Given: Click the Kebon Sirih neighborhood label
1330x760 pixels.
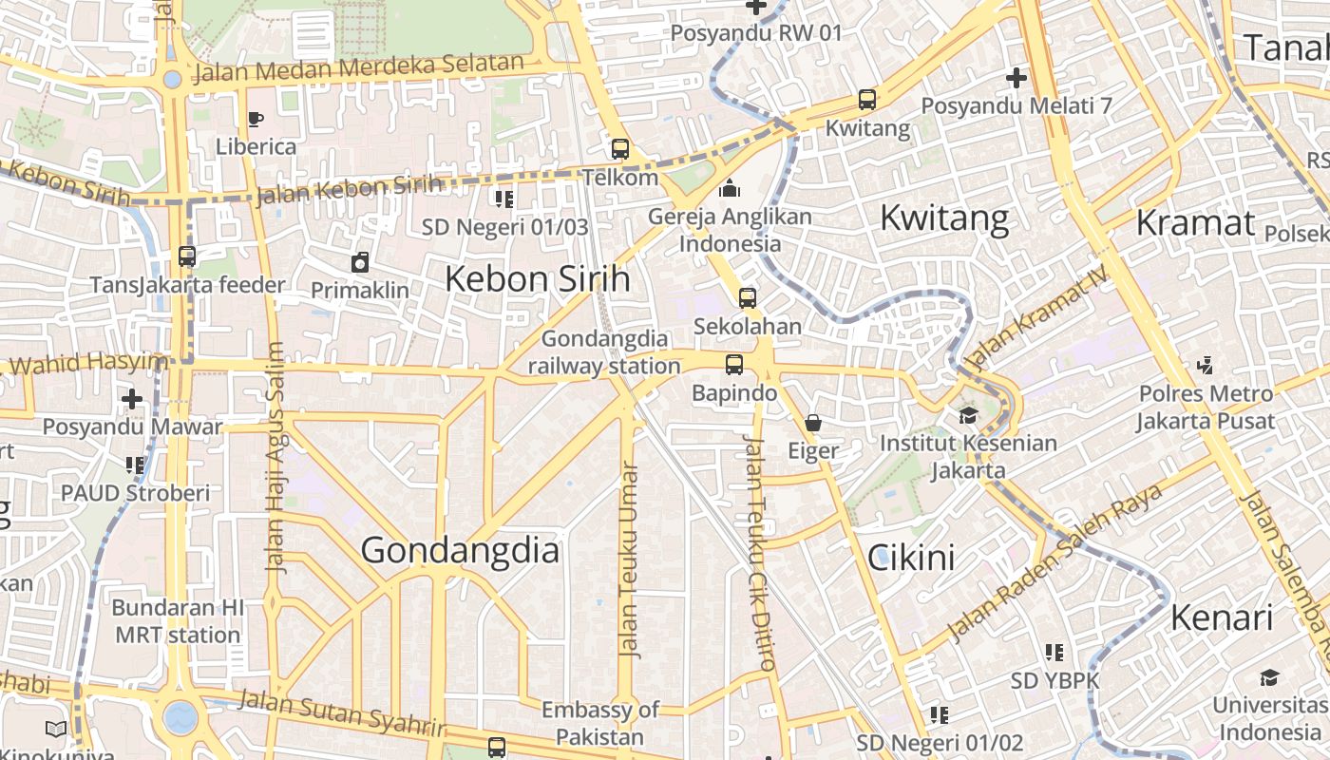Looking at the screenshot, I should tap(538, 279).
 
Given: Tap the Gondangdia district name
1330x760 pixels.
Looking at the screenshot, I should tap(460, 551).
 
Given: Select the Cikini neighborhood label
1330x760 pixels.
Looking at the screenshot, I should tap(912, 558).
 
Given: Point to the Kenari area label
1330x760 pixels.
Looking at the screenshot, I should tap(1222, 617).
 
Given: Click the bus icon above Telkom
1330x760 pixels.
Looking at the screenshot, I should tap(620, 149).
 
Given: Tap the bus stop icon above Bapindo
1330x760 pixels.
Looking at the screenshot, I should tap(733, 365).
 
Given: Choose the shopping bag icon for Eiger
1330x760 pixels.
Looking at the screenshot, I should tap(813, 423).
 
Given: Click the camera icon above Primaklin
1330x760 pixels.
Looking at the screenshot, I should tap(360, 262).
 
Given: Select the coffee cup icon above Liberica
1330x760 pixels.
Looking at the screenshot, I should tap(255, 120).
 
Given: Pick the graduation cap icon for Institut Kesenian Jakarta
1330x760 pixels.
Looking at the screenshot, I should tap(968, 415).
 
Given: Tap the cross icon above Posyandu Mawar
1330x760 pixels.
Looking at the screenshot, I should tap(132, 399).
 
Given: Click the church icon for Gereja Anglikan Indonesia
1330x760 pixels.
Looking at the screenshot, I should tap(730, 189).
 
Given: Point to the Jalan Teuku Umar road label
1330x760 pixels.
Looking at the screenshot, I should tap(628, 560).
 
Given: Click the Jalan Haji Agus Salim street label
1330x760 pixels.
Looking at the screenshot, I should tap(275, 456).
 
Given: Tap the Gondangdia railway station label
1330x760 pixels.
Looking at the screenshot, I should tap(604, 352).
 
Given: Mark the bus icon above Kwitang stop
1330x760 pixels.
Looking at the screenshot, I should tap(866, 100).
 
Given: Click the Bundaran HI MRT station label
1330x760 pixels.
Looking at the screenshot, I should tap(178, 621).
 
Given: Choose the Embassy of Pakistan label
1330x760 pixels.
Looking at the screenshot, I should tap(599, 723).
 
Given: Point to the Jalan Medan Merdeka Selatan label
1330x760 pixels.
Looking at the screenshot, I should tap(358, 68).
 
